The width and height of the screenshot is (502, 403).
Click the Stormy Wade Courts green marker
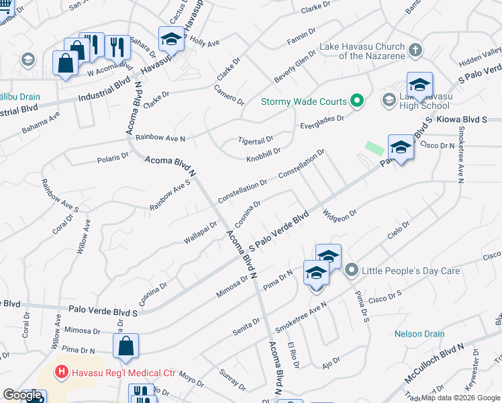[357, 102]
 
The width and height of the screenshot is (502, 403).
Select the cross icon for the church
[415, 50]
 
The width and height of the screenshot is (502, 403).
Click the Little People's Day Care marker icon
[351, 271]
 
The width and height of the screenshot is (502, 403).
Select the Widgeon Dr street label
[339, 215]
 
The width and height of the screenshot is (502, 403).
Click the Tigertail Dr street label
[256, 140]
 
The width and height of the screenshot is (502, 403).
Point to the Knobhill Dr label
[263, 153]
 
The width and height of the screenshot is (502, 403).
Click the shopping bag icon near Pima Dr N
[125, 347]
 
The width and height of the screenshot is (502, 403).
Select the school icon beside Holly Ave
[171, 40]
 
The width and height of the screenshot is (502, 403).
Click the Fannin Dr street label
[303, 35]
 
